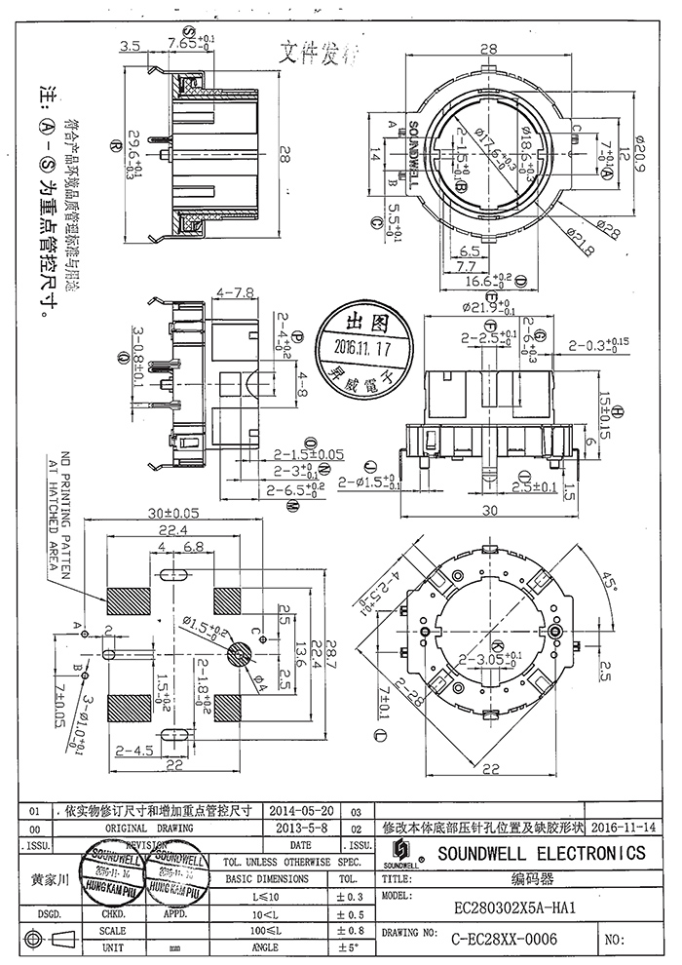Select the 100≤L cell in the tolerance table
click(x=265, y=930)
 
